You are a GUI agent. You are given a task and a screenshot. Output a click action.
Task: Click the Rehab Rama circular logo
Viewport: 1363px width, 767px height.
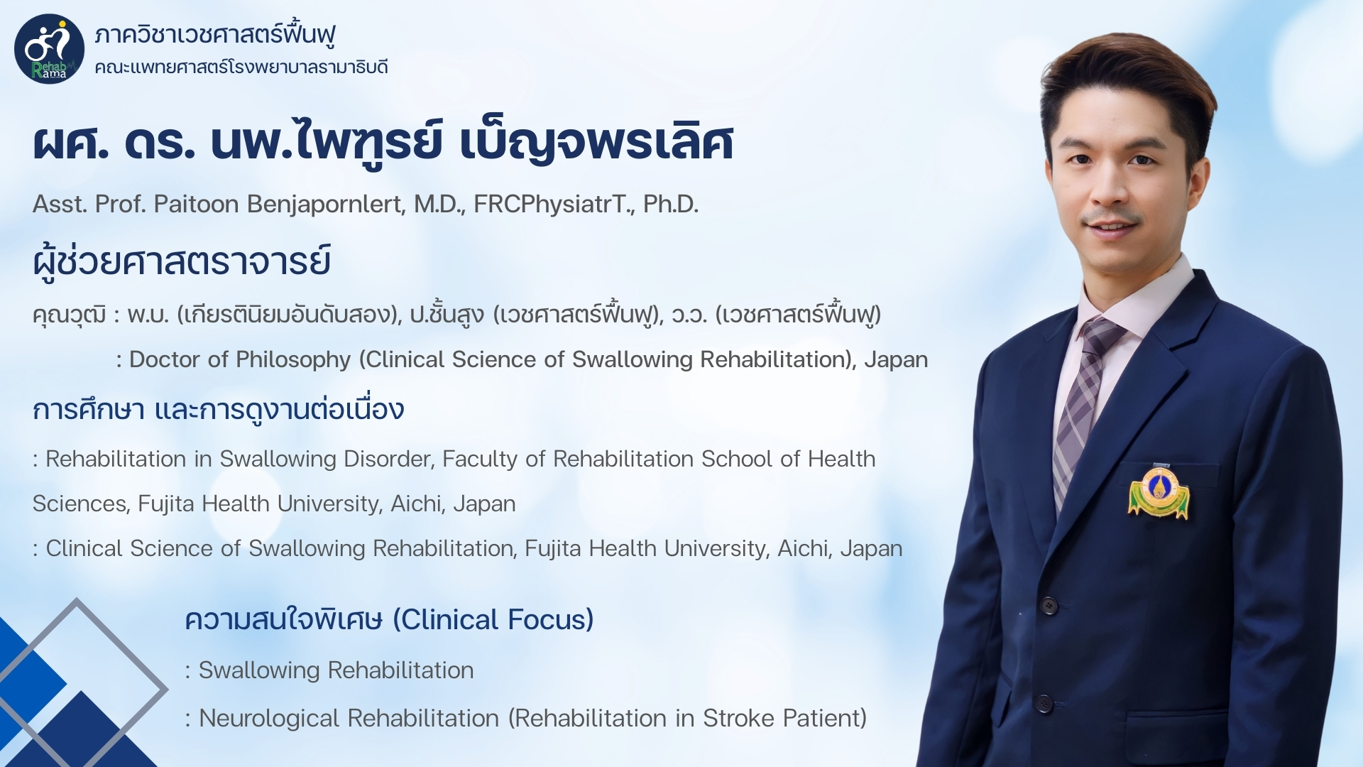[x=49, y=49]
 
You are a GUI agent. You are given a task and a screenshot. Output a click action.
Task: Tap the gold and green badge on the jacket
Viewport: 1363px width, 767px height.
[x=1159, y=491]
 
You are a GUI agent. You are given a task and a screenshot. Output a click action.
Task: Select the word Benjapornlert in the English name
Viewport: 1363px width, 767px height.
[x=326, y=205]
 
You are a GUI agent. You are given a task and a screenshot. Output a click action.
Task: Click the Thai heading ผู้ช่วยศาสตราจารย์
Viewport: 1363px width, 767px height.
[x=182, y=261]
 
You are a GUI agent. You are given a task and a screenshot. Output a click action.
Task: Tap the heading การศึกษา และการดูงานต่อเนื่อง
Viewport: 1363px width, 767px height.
[x=219, y=410]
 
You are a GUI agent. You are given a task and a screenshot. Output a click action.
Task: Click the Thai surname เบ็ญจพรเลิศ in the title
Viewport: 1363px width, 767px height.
[x=596, y=142]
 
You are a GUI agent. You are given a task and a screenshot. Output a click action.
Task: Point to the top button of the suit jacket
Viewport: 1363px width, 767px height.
[x=1049, y=606]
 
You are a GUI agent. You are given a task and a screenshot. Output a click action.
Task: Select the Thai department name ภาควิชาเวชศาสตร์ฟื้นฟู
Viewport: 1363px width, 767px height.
[x=215, y=33]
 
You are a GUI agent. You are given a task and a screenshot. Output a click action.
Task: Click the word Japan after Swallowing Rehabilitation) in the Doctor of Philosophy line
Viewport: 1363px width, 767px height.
[x=896, y=360]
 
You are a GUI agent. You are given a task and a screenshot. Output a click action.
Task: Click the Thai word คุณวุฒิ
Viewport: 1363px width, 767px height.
[x=70, y=315]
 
